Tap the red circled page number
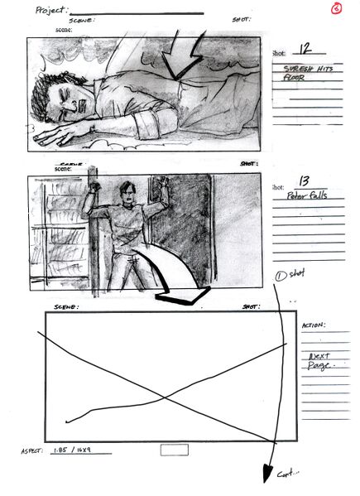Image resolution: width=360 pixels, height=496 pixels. (336, 9)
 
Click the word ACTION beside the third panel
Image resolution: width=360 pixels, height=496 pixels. (314, 325)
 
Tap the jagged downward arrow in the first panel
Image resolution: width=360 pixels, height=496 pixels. (184, 58)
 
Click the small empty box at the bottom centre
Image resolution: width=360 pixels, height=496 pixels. (175, 450)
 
